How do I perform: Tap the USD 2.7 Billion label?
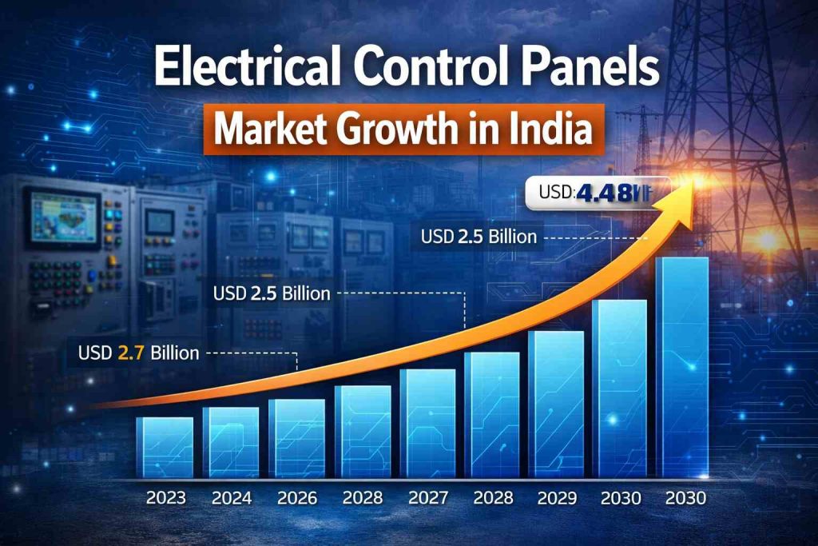(138, 352)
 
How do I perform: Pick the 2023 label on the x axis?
(166, 498)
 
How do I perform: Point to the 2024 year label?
(232, 498)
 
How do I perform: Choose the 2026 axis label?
(297, 498)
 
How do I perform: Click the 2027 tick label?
(427, 498)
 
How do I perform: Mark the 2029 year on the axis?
(557, 498)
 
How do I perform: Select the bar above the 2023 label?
(165, 448)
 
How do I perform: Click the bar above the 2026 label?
(296, 439)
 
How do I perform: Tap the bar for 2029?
(556, 405)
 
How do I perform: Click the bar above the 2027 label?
(427, 424)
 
